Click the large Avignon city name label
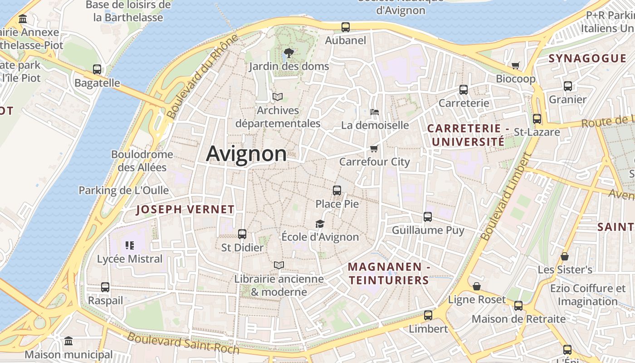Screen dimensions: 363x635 point(246,154)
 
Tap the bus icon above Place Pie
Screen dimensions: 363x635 point(337,191)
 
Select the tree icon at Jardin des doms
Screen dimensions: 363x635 point(288,53)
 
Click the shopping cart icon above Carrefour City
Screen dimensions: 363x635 point(374,148)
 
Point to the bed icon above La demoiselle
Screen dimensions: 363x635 point(374,112)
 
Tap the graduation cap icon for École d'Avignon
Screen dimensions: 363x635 point(320,224)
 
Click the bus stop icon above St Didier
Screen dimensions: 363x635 point(242,234)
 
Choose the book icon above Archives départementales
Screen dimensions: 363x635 point(277,97)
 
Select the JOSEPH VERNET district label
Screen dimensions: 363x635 point(186,209)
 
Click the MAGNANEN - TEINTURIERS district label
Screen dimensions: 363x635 point(389,274)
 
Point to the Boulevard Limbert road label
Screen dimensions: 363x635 point(506,196)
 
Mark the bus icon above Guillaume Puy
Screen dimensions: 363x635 point(428,217)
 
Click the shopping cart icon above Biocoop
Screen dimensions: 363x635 point(515,66)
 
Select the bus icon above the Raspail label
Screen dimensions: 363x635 point(105,287)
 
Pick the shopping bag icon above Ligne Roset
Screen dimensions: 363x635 point(476,286)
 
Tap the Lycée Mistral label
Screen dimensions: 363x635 point(130,259)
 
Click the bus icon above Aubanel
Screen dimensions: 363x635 point(346,27)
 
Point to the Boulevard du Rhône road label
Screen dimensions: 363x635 point(202,77)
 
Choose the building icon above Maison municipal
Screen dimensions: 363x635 point(68,341)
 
